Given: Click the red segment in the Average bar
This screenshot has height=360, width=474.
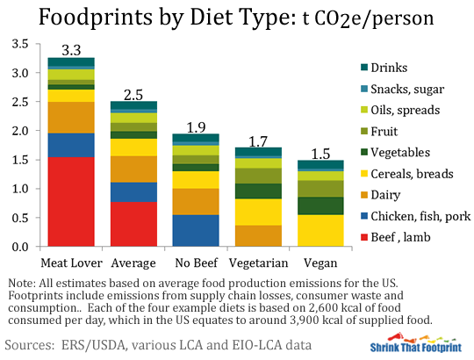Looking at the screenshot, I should coord(133,224).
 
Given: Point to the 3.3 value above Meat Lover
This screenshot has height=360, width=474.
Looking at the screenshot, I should coord(70,50).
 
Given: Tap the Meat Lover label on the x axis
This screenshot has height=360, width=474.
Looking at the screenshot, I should coord(70,263).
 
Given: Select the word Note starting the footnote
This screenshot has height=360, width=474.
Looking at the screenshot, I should coord(20,284).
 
